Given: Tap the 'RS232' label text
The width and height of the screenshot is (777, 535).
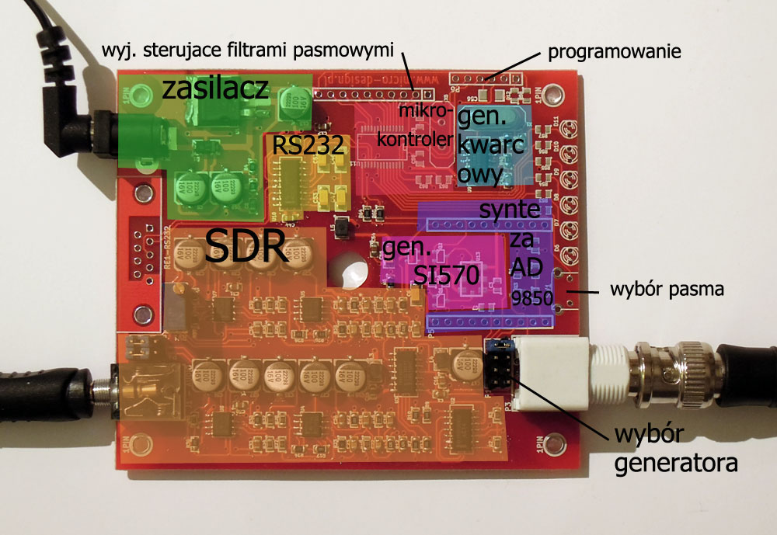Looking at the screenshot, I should click(306, 144).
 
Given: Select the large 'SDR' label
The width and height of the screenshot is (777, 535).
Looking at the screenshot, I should click(246, 248).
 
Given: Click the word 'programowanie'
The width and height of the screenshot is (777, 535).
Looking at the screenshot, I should click(614, 53).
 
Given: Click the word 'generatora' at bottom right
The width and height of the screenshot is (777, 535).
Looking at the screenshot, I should click(675, 464).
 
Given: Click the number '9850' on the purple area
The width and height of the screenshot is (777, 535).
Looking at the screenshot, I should click(533, 298).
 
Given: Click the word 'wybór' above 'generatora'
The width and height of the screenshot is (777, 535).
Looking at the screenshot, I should click(640, 434).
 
